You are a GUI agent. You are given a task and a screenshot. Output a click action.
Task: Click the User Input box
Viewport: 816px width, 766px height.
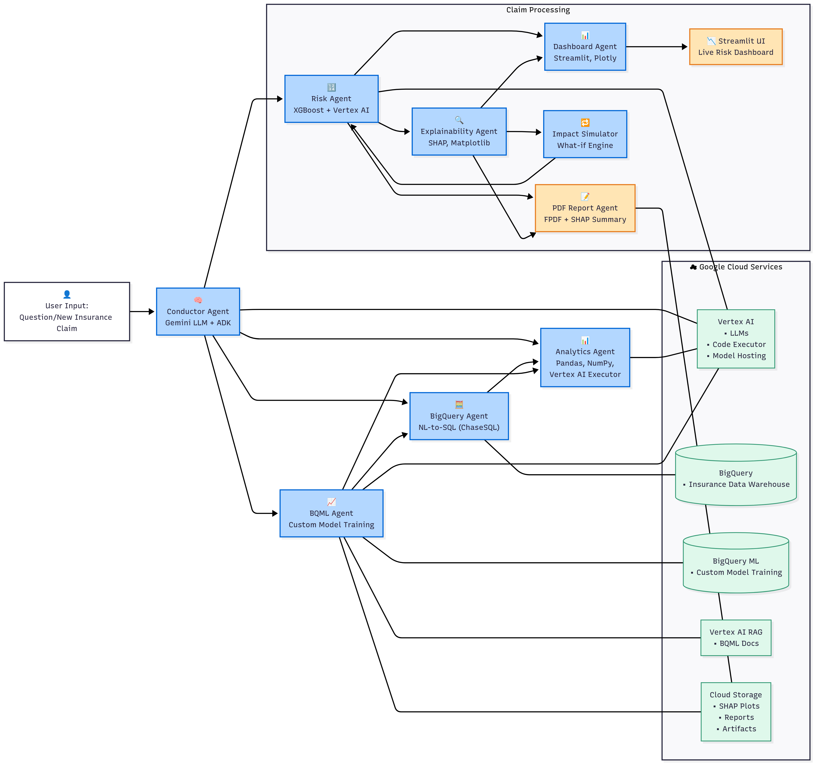[x=67, y=311]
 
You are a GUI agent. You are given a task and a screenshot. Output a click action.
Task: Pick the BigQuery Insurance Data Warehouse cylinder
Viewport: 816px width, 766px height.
[x=735, y=479]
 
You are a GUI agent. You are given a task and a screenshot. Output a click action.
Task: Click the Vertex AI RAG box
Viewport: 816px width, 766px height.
[x=735, y=637]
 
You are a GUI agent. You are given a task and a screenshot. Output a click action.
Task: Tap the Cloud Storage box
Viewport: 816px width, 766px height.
[x=735, y=711]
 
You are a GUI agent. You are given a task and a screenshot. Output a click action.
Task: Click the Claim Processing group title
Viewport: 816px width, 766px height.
[x=538, y=10]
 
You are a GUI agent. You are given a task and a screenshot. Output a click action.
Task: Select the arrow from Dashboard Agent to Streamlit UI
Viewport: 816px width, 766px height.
[x=657, y=47]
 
